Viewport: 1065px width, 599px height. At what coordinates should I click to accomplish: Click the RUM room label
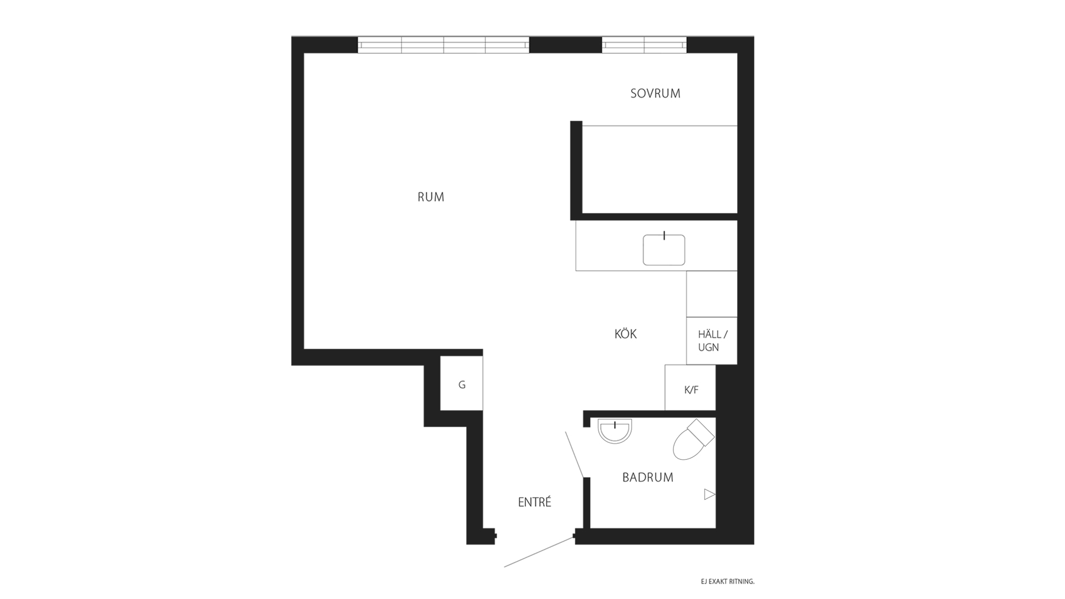pos(431,197)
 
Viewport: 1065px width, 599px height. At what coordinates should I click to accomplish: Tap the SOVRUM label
pos(655,93)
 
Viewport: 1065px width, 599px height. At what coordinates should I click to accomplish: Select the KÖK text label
pos(626,334)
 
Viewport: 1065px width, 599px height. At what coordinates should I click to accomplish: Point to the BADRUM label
pos(647,477)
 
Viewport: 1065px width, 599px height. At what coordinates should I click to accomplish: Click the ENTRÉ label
pos(534,502)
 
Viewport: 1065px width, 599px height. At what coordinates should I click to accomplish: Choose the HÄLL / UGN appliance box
pos(712,341)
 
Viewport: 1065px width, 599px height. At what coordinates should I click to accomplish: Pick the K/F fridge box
pos(691,388)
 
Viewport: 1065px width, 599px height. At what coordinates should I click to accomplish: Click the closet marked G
pos(461,383)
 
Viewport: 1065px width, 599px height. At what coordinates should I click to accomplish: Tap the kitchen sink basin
pos(664,250)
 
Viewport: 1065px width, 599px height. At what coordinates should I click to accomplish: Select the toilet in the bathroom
pos(693,440)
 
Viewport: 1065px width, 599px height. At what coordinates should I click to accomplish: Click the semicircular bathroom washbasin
pos(615,431)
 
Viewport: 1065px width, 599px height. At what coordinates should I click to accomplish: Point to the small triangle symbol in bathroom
pos(709,494)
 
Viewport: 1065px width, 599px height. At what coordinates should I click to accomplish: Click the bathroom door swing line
pos(574,454)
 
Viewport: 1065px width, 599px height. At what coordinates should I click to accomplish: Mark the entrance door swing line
pos(539,552)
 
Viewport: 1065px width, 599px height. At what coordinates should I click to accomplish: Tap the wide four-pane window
pos(443,45)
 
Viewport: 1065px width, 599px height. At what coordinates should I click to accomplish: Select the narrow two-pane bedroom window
pos(644,45)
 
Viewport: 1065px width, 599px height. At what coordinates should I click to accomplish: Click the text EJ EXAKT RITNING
pos(728,582)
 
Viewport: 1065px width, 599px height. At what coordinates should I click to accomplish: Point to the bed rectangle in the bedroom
pos(660,169)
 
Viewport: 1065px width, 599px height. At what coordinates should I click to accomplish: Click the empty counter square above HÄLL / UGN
pos(712,294)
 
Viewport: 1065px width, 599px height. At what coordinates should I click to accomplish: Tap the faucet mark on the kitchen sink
pos(664,235)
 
